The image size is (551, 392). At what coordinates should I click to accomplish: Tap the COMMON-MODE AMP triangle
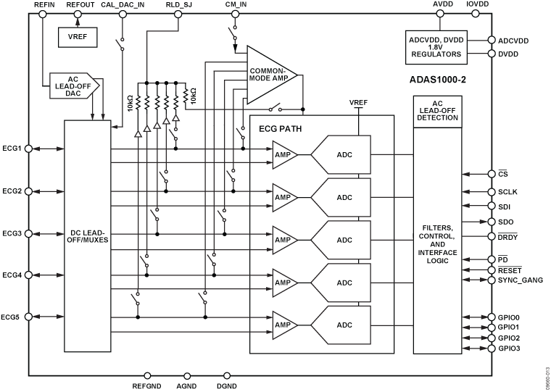point(268,75)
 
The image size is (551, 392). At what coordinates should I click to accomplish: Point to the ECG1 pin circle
point(29,149)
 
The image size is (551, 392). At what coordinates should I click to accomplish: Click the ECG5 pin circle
point(29,317)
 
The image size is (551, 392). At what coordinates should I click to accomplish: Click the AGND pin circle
point(187,376)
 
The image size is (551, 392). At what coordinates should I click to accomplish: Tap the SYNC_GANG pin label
point(518,280)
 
